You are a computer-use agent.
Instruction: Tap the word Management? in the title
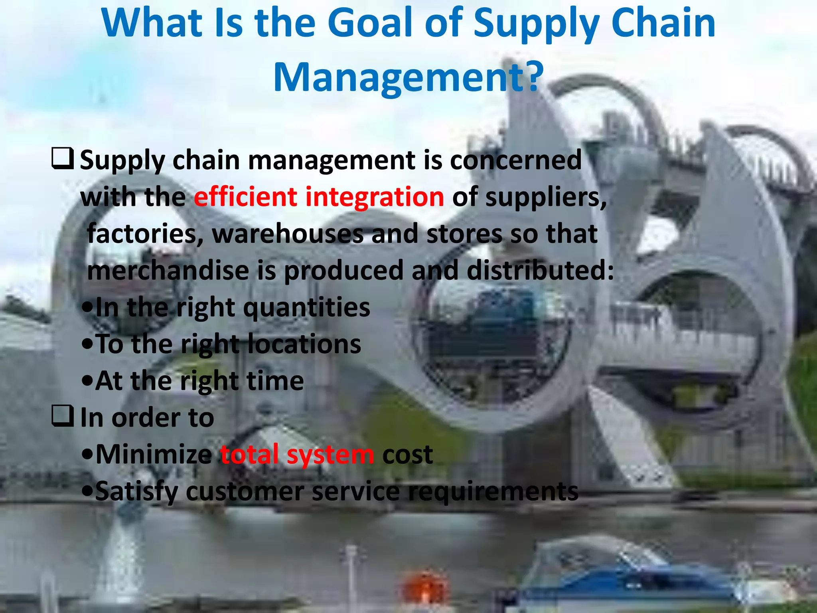tap(408, 78)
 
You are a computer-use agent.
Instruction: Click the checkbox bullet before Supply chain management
tap(62, 158)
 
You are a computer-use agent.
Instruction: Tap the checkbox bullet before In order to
tap(62, 416)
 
